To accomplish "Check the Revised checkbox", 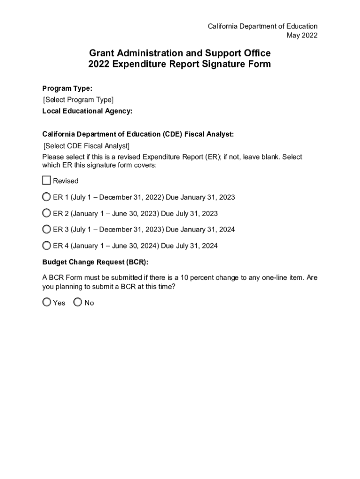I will pos(46,181).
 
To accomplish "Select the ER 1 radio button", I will pos(47,197).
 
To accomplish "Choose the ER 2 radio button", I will pos(47,213).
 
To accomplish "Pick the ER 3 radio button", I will pos(47,229).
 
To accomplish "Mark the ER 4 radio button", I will pos(47,246).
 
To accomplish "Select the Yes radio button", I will pos(47,303).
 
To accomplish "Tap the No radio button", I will pos(78,303).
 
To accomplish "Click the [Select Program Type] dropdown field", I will pos(78,100).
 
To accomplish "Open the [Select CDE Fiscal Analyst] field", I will pos(86,146).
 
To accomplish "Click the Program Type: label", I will pos(67,88).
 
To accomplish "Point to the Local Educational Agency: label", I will pos(87,111).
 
